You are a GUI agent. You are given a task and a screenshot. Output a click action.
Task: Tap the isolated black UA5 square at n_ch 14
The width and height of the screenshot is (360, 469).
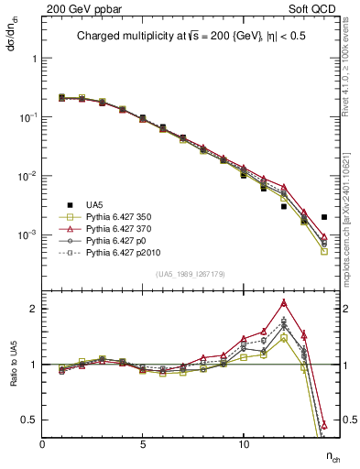[x=324, y=217]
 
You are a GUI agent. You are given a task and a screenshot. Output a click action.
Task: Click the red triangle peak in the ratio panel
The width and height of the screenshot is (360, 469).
[x=284, y=302]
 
